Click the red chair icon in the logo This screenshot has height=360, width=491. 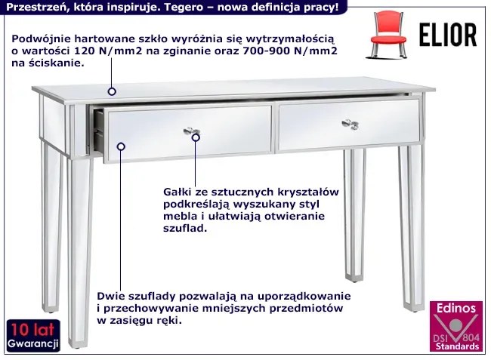coord(388,34)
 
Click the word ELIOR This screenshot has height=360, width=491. coord(448,35)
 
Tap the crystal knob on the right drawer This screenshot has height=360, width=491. coord(350,125)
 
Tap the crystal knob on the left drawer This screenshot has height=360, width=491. coord(191,131)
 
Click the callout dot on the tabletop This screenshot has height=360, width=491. coord(112,91)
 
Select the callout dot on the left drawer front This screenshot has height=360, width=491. coord(121,146)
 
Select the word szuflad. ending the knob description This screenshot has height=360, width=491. coord(185,228)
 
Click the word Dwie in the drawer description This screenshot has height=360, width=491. coord(110,296)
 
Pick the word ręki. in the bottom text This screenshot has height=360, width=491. coord(170,321)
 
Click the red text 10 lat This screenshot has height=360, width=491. coord(32,329)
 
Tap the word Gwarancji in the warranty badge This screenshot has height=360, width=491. coord(33,344)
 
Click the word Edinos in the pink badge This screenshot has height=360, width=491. coord(456,309)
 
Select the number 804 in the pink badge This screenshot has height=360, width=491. coord(471,338)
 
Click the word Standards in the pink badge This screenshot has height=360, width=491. coord(457,346)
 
